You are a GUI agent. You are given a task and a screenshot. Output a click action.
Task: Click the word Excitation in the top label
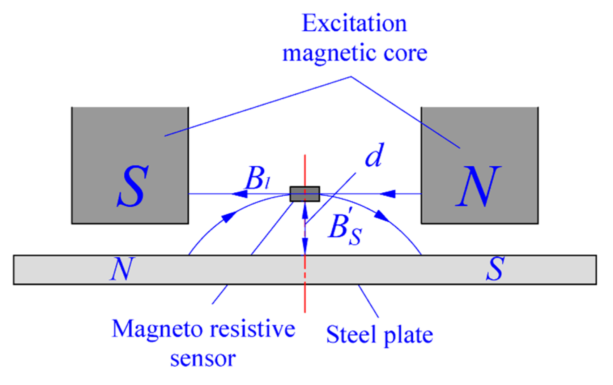pyautogui.click(x=354, y=23)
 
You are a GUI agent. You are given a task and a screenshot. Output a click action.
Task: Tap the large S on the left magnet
pyautogui.click(x=133, y=186)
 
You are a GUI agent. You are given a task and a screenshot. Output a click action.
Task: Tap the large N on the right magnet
pyautogui.click(x=478, y=186)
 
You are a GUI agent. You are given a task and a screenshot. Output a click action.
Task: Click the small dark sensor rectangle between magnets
pyautogui.click(x=305, y=194)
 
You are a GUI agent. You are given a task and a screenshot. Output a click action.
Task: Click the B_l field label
pyautogui.click(x=257, y=179)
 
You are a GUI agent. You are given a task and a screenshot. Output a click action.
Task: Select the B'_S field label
pyautogui.click(x=345, y=229)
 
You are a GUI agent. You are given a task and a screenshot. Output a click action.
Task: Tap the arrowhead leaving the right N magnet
pyautogui.click(x=388, y=194)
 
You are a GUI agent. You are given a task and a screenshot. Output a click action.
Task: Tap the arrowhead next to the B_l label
pyautogui.click(x=239, y=194)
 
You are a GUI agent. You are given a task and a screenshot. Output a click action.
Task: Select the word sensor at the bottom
pyautogui.click(x=203, y=359)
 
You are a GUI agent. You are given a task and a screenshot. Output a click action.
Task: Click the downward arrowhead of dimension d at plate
pyautogui.click(x=305, y=249)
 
